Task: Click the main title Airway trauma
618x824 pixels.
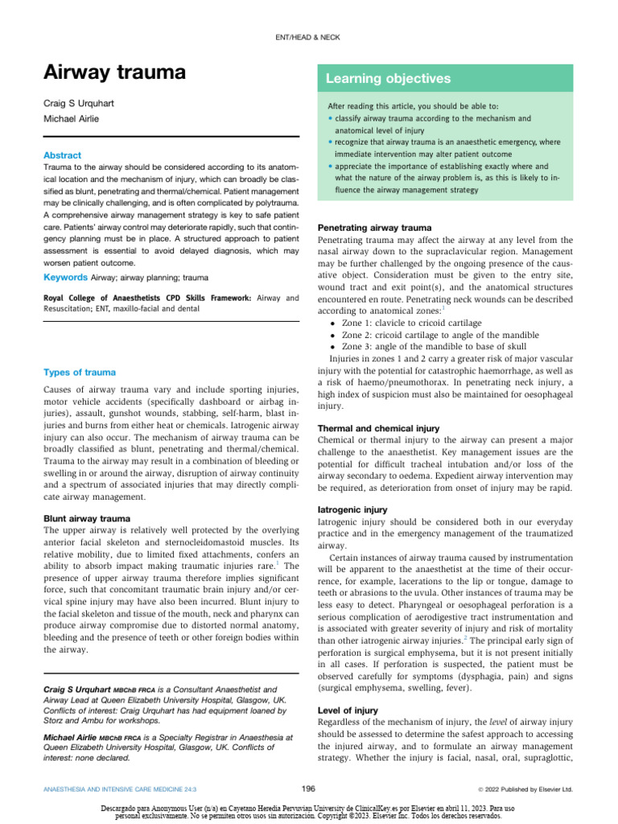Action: coord(113,72)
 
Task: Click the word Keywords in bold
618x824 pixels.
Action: coord(64,277)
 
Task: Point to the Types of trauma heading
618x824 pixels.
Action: coord(80,372)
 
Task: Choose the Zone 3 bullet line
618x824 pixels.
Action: coord(418,346)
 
